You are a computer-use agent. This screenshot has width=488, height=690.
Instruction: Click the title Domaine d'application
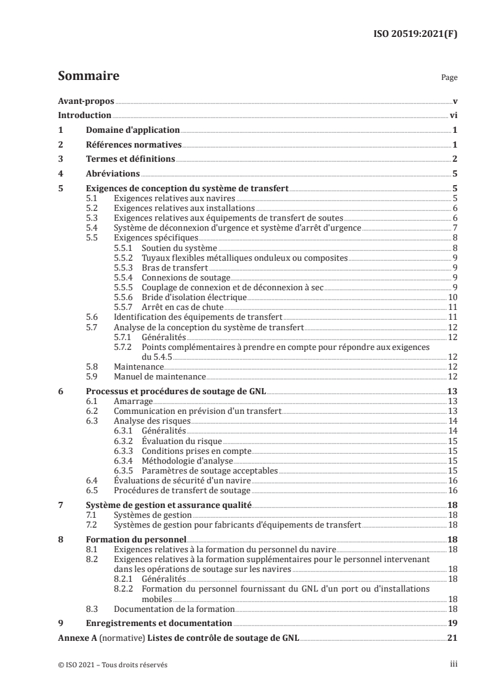[132, 130]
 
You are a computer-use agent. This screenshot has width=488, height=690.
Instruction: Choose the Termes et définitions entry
[129, 159]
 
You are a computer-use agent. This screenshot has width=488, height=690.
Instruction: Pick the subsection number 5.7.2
[125, 347]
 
